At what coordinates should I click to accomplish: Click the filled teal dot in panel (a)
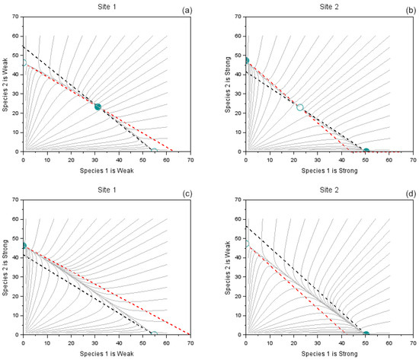(98, 107)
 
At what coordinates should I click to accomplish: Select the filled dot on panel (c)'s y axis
(23, 246)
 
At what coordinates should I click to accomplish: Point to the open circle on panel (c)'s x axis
(155, 334)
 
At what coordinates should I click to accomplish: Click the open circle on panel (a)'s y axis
(23, 64)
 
